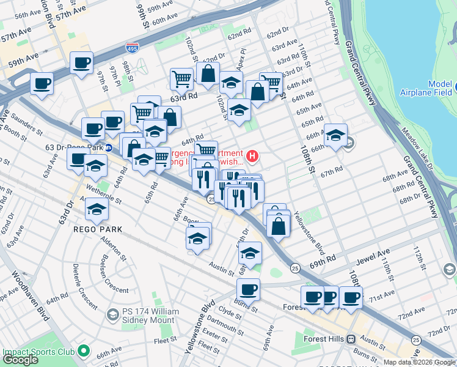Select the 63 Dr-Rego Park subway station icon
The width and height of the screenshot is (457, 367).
[108, 147]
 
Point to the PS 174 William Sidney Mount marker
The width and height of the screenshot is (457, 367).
[112, 314]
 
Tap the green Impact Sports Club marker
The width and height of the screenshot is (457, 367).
[84, 352]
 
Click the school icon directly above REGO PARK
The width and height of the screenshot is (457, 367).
[97, 209]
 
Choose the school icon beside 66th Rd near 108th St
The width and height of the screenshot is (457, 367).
[335, 135]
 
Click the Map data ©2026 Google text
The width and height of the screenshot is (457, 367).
[419, 362]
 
